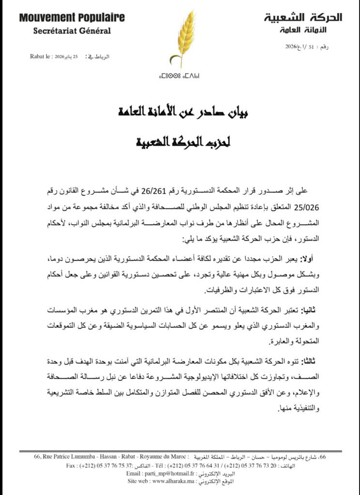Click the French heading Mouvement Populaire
(x=72, y=18)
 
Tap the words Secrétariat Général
(x=72, y=31)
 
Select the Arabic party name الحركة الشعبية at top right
(x=303, y=18)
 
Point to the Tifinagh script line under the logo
(x=180, y=76)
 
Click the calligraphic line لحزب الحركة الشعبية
(x=180, y=143)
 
